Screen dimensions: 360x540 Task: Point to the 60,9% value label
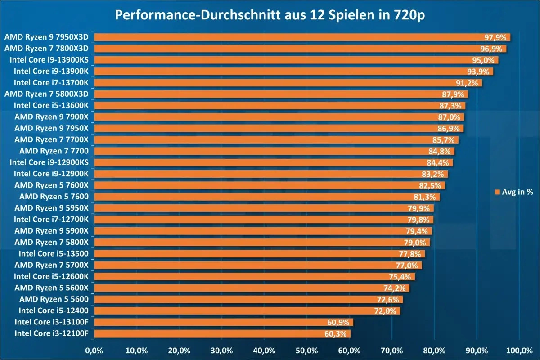pos(339,322)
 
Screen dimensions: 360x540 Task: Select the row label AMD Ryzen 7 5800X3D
pos(49,94)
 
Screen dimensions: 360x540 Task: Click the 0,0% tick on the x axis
pos(94,351)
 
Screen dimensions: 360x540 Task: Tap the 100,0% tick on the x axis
pos(519,351)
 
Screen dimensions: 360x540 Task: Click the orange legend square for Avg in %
pos(497,192)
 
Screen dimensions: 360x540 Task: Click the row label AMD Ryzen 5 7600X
pos(54,185)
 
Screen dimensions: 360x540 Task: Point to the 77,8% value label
pos(411,254)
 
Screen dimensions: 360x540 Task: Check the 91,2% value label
pos(468,83)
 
